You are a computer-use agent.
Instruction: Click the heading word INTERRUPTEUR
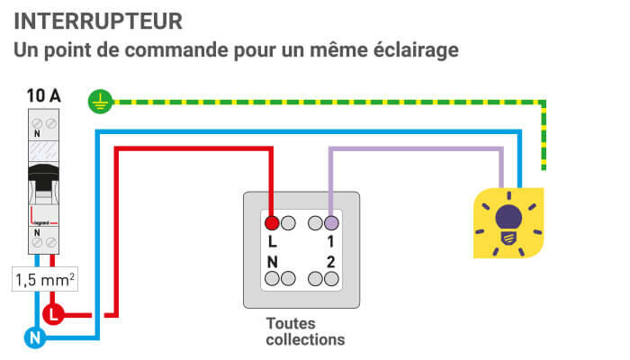(98, 20)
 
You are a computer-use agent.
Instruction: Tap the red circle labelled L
(53, 315)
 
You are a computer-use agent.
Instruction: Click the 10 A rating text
(44, 94)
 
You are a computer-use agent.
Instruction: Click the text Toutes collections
(305, 331)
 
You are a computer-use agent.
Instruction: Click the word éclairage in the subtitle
(409, 49)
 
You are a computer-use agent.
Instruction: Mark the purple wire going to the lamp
(414, 150)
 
